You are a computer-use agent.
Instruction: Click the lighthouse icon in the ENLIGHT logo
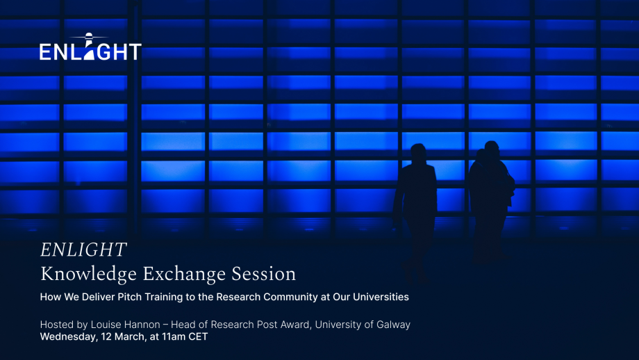(x=89, y=46)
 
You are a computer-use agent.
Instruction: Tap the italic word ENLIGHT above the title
(x=83, y=250)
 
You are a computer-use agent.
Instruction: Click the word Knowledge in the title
(x=88, y=275)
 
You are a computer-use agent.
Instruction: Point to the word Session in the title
(x=264, y=274)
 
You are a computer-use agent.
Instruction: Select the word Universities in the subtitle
(x=381, y=297)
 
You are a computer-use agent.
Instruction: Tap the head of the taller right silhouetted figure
(x=492, y=149)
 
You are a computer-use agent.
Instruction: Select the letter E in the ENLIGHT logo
(x=45, y=52)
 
